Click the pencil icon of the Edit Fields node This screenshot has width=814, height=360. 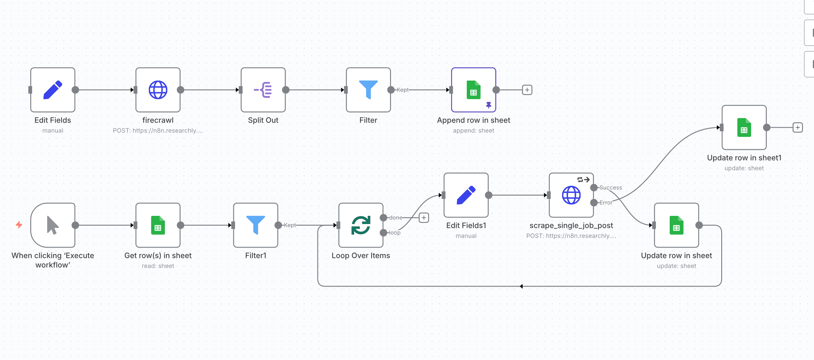coord(53,90)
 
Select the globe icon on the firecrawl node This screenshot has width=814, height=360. coord(158,90)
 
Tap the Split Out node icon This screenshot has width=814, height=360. coord(263,90)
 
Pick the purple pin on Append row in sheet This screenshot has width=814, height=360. coord(488,105)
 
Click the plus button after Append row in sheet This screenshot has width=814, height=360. coord(527,90)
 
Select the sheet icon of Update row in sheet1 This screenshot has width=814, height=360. coord(744,127)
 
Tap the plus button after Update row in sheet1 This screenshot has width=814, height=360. coord(797,127)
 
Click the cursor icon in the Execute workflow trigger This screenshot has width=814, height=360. coord(53,225)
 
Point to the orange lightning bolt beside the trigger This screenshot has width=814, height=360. coord(19,225)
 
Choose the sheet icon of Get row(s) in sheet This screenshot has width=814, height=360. coord(158,225)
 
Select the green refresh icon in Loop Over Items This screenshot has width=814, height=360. coord(360,225)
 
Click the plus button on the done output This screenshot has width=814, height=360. coord(423,217)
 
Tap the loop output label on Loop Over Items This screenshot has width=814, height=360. coord(394,233)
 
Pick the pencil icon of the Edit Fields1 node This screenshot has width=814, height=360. coord(466,195)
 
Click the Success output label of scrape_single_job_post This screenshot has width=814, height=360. coord(610,188)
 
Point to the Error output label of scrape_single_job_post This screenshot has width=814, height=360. coord(605,203)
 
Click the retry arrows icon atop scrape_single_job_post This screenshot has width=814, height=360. coord(583,179)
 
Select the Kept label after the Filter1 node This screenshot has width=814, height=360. coord(290,225)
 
